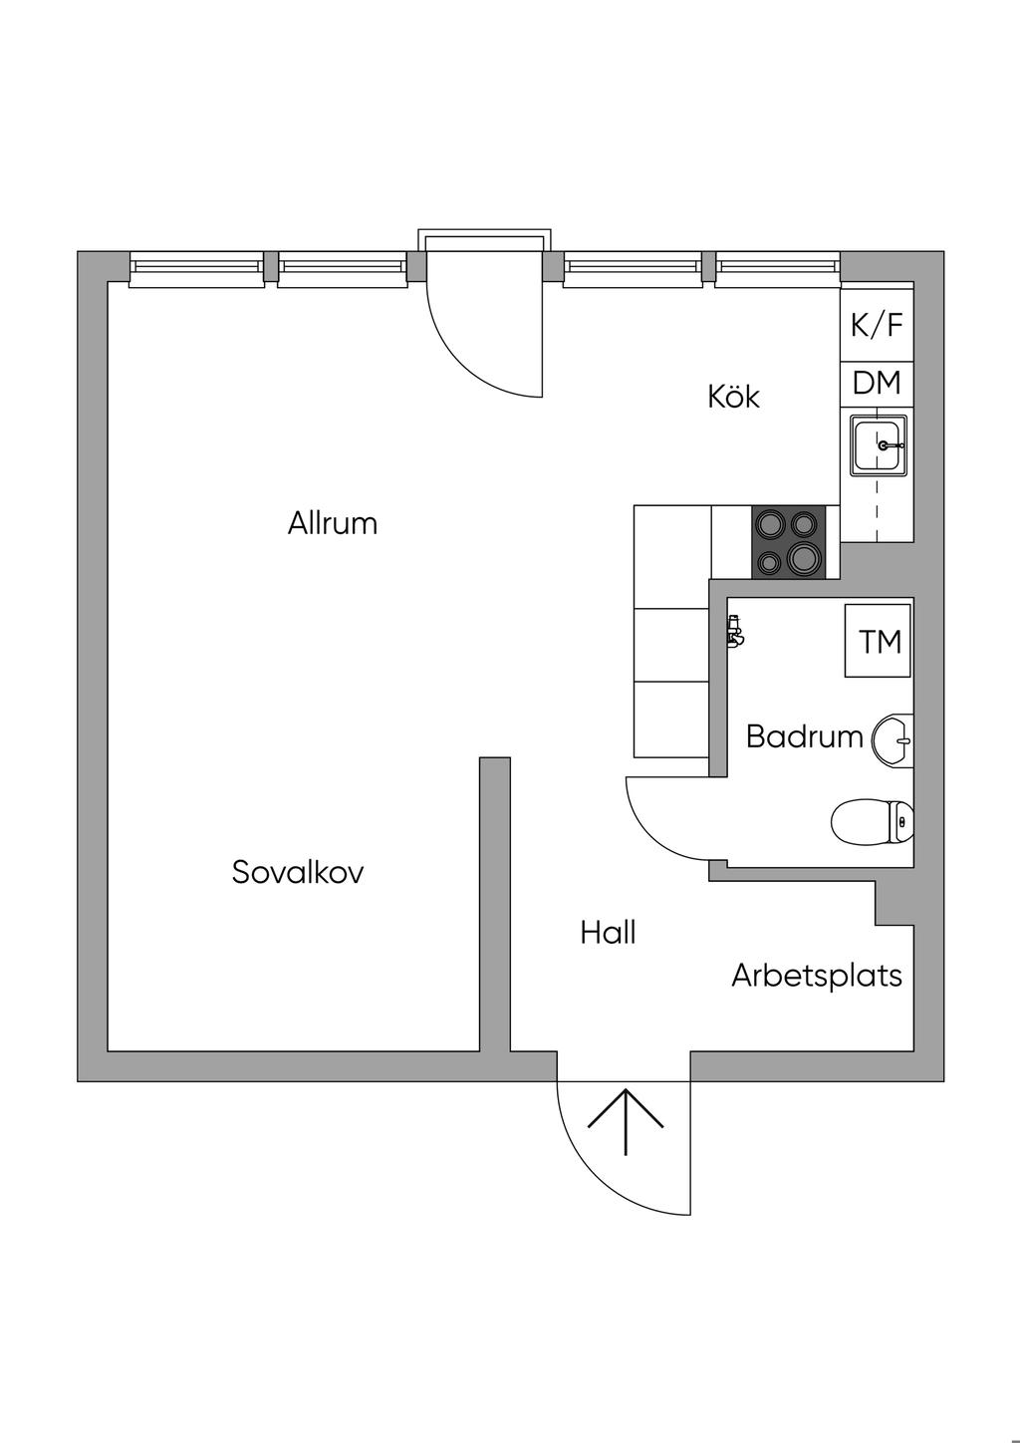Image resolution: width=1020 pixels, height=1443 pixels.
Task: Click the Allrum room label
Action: tap(333, 523)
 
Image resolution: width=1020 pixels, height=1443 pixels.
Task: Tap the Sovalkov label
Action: tap(298, 872)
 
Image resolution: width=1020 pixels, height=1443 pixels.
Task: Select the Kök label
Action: tap(733, 397)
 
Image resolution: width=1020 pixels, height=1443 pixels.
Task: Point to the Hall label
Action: tap(608, 933)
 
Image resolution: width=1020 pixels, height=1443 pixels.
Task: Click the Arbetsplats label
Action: tap(817, 975)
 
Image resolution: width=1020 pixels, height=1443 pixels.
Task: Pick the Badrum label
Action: tap(804, 736)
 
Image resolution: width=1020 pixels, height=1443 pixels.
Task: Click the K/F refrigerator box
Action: tap(877, 325)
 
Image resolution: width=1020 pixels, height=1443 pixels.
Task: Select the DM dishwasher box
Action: tap(877, 383)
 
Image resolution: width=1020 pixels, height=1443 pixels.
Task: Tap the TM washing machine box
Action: tap(879, 641)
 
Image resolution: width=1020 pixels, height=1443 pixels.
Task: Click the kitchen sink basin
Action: tap(878, 444)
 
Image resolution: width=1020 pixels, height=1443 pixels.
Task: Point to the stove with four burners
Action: tap(788, 541)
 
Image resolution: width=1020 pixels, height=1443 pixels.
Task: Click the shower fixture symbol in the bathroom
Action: tap(734, 632)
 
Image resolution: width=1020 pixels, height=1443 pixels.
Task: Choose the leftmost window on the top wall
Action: tap(197, 268)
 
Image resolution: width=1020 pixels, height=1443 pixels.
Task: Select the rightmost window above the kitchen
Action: tap(777, 268)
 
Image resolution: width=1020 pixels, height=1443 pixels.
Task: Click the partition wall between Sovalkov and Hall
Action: tap(495, 902)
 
